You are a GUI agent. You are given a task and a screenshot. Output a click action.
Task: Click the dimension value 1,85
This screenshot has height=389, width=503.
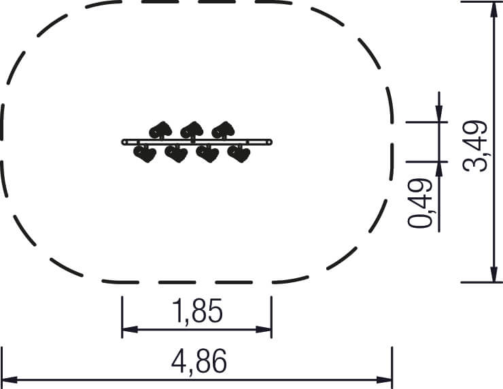tap(197, 311)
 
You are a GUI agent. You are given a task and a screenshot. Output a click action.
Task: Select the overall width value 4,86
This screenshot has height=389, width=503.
tap(199, 361)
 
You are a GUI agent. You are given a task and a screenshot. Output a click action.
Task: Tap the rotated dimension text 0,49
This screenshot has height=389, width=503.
tap(421, 203)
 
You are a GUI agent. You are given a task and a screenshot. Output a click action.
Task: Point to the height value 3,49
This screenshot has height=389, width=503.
tap(475, 146)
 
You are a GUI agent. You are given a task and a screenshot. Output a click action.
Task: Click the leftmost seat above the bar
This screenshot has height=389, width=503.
tap(160, 131)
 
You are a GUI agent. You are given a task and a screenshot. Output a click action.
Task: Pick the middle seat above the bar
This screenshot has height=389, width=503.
tap(192, 131)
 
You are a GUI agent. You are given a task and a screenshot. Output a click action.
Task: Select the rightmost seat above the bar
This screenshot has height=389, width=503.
tap(223, 131)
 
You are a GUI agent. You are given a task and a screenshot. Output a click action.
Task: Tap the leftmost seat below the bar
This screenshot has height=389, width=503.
tap(145, 154)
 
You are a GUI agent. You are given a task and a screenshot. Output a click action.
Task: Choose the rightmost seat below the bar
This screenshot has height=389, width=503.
tap(239, 154)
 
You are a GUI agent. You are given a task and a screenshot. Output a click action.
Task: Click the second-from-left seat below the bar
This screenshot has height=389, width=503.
tap(176, 154)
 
